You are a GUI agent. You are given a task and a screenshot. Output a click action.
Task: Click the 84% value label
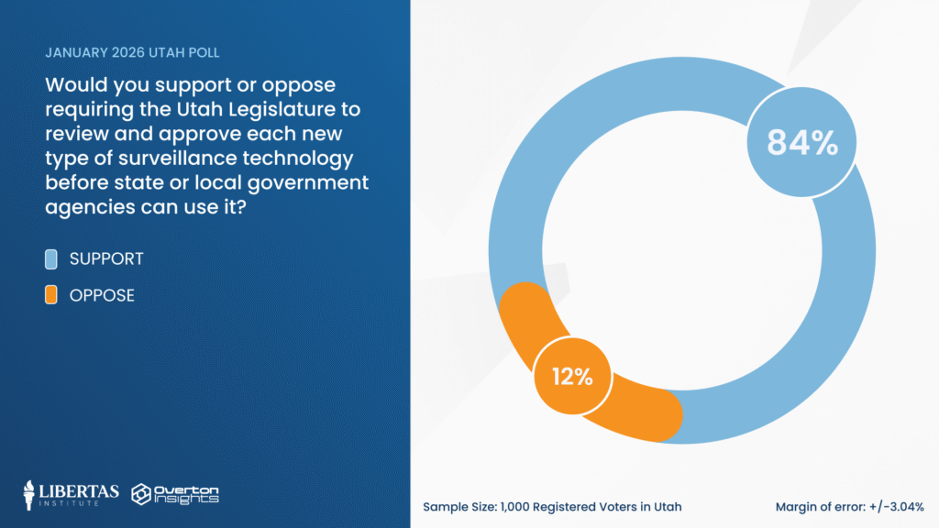coord(802,142)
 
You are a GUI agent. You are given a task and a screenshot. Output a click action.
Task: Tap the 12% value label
coord(572,377)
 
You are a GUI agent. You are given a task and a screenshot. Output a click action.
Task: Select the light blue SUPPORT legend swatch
coord(52,259)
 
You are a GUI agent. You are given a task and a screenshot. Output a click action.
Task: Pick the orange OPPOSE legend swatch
coord(52,295)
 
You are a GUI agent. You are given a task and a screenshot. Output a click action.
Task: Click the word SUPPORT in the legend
coord(106,259)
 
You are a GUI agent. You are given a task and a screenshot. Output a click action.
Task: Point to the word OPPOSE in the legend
coord(102,295)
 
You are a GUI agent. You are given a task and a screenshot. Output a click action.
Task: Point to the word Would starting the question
coord(74,86)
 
